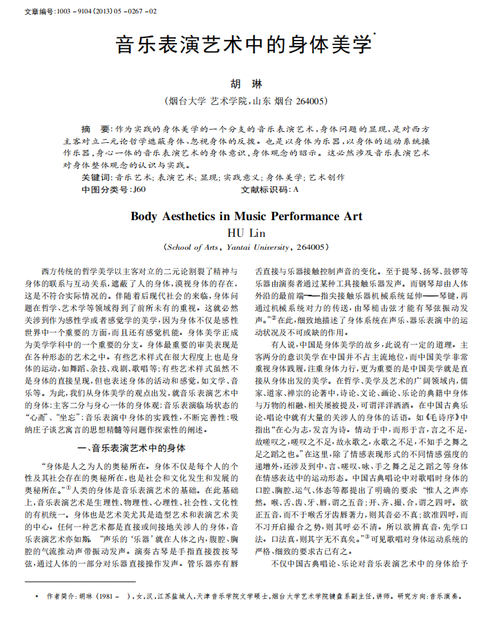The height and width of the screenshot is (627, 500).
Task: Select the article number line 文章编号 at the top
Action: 84,12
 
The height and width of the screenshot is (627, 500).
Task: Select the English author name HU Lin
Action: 247,232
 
